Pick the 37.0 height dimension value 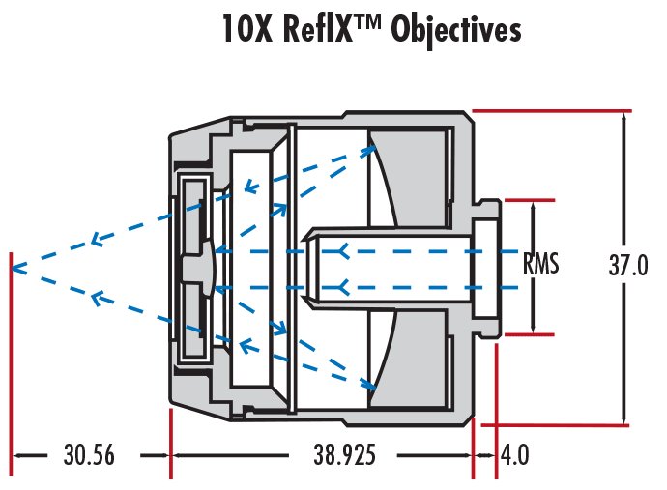(x=627, y=267)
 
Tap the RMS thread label (x=541, y=264)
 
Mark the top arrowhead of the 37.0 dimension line (x=625, y=116)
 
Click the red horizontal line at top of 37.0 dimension (x=551, y=111)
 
